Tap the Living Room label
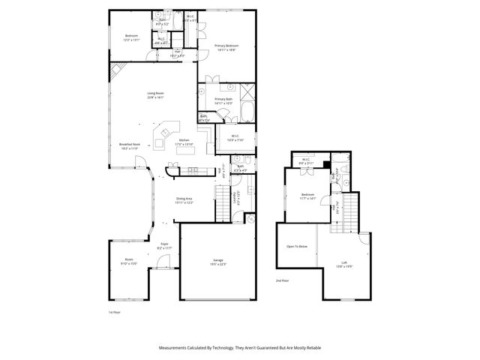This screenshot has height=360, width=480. tap(155, 94)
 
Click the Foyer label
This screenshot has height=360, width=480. tap(164, 244)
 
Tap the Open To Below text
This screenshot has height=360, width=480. tap(295, 246)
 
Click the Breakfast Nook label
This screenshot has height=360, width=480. tap(130, 145)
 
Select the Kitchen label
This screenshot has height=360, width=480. tap(184, 140)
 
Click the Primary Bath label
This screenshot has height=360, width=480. tap(224, 99)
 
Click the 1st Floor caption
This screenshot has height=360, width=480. tap(115, 311)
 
